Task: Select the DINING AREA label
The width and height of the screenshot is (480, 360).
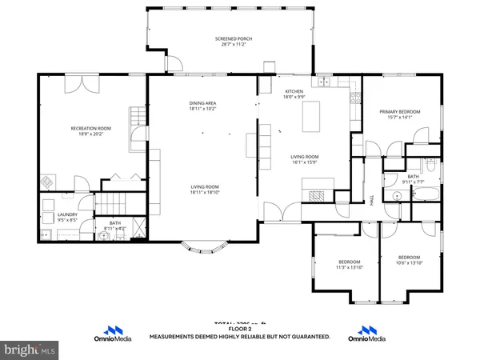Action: click(x=202, y=103)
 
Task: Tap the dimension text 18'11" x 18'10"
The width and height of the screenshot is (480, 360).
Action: click(x=205, y=192)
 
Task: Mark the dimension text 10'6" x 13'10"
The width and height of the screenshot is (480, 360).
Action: click(x=408, y=262)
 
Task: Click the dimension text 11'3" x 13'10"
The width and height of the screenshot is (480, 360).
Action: click(x=349, y=266)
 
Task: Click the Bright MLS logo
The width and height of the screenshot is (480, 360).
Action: click(x=30, y=350)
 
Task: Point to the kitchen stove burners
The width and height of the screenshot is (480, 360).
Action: click(x=353, y=98)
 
